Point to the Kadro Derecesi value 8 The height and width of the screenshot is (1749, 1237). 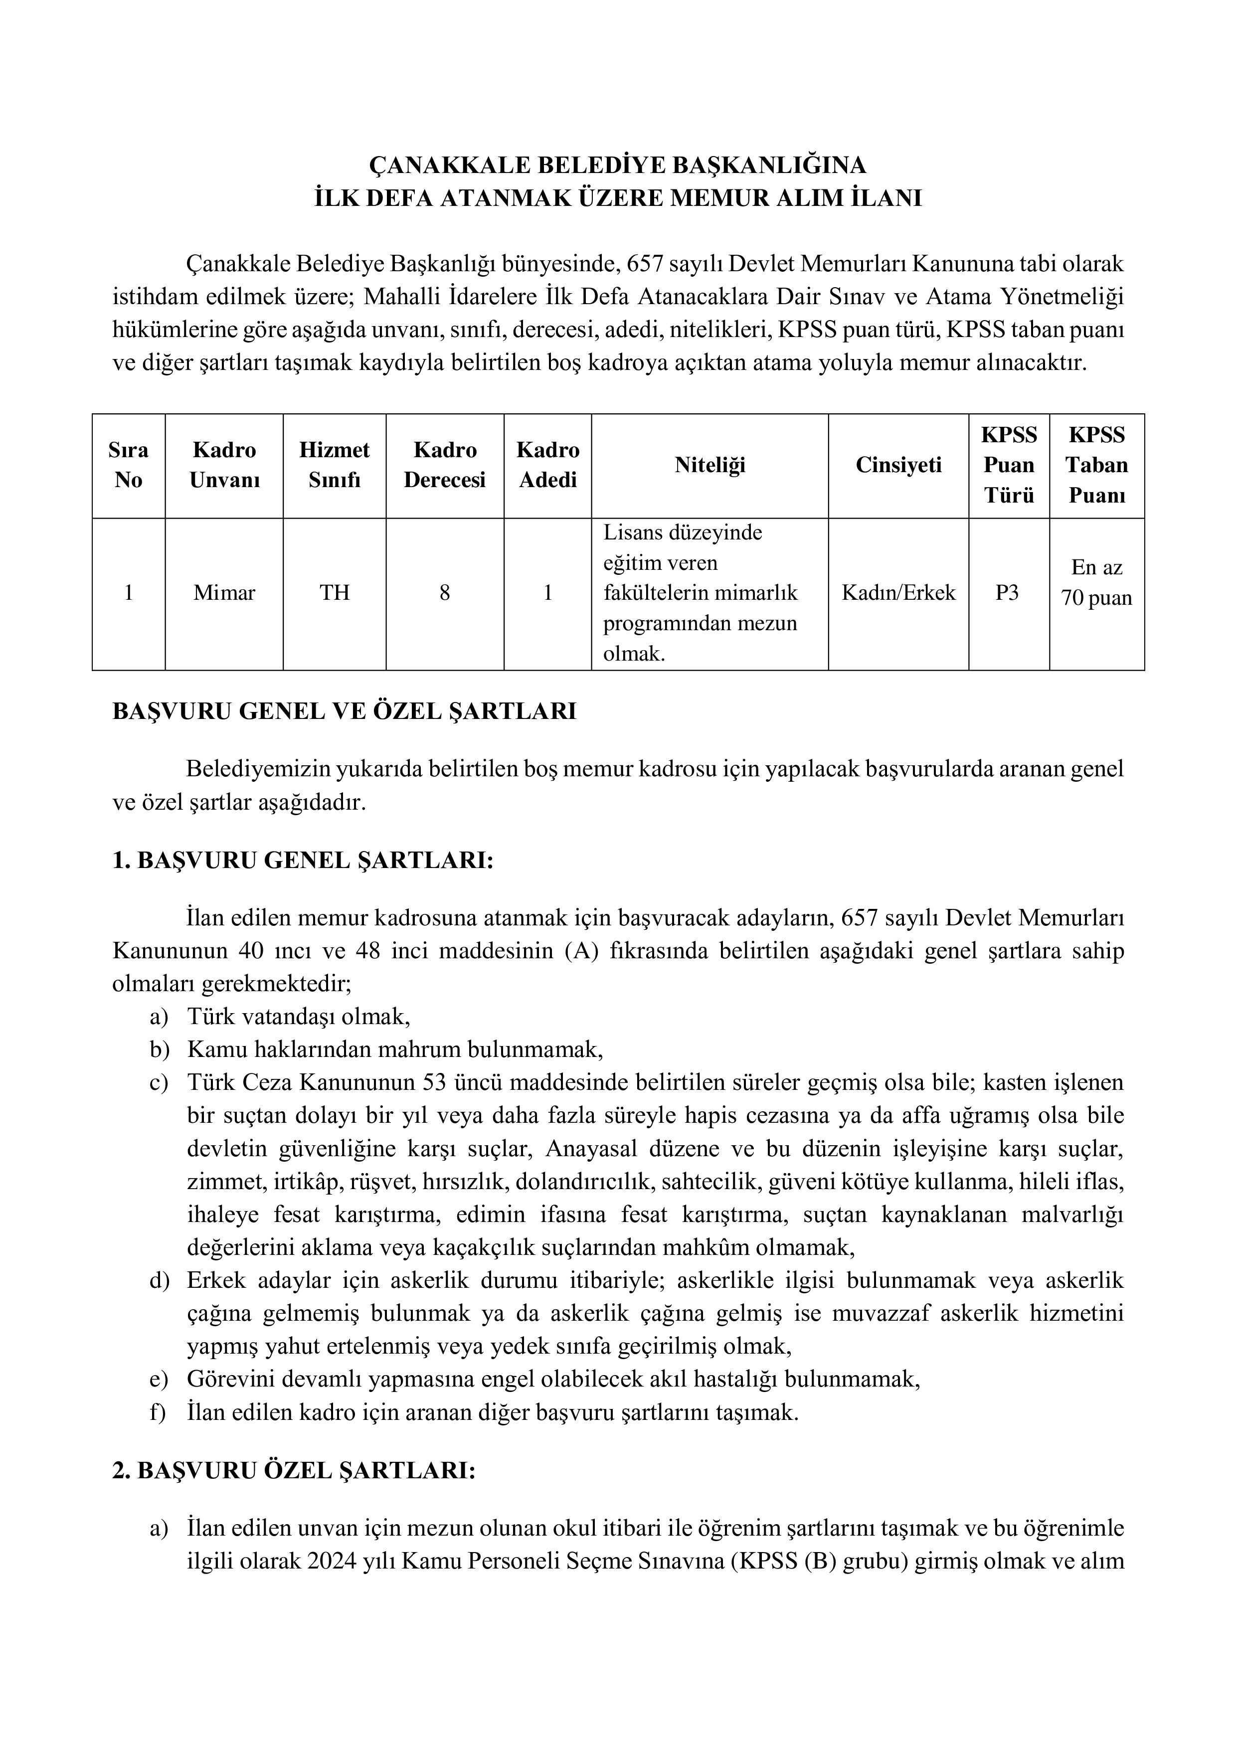coord(444,593)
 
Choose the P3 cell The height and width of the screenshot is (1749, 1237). coord(1007,593)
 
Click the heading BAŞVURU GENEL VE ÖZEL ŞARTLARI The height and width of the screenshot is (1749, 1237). coord(345,711)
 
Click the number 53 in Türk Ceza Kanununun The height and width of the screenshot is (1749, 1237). coord(432,1082)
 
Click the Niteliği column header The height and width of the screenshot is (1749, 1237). coord(709,465)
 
